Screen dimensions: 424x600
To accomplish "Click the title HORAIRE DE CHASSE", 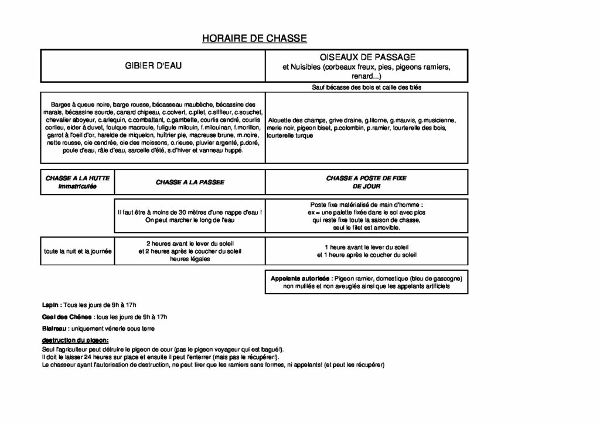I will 254,39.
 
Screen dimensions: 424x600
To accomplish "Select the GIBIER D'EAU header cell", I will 153,66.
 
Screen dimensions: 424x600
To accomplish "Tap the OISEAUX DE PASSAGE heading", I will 367,57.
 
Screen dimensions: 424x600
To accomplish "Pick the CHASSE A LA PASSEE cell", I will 190,182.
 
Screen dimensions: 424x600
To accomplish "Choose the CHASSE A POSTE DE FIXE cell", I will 367,182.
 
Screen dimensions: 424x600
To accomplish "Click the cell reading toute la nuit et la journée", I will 77,251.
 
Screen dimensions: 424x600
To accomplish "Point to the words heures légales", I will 190,259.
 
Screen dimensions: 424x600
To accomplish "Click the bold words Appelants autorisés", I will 299,278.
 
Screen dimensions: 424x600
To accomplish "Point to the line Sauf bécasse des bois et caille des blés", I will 367,87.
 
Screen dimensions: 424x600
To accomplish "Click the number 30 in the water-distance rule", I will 182,212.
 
